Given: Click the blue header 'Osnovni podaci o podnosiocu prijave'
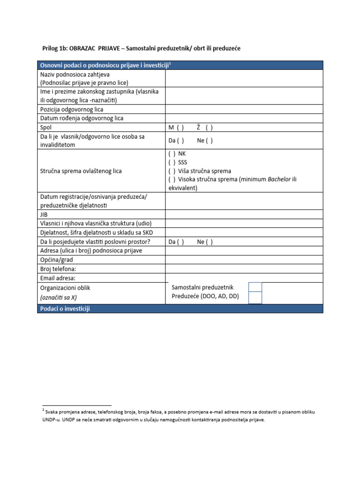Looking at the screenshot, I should pos(104,65).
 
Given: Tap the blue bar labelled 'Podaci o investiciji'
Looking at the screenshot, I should pos(65,308).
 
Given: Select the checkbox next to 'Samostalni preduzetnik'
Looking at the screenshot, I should pos(255,287).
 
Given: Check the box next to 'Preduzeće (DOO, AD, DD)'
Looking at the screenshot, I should pos(255,297).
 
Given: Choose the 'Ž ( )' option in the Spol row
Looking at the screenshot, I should pos(205,127).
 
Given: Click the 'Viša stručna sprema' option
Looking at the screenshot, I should pos(199,171).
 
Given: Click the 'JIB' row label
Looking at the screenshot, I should pos(45,214).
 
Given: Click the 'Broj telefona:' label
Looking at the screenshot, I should pos(58,269).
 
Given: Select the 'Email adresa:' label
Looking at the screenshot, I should pos(58,278).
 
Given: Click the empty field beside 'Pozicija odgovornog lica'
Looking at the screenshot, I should pos(244,109).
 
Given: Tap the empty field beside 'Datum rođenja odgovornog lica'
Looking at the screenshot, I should pos(244,118).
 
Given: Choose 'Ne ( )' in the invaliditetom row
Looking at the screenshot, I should pos(205,141).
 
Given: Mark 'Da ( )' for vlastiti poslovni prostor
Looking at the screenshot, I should pos(176,242).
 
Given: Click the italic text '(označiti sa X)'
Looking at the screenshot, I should pos(58,297).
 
